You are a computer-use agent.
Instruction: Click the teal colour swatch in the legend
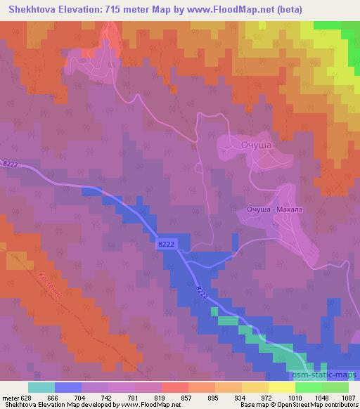point(41,387)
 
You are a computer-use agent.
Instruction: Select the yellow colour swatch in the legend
point(282,387)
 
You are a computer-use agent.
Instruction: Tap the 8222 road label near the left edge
point(10,164)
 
